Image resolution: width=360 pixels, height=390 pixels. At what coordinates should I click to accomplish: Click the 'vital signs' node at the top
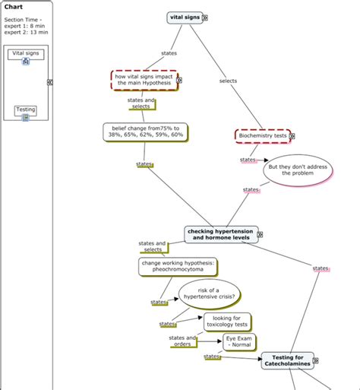[185, 17]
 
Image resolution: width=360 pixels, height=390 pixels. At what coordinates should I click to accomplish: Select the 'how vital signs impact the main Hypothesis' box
[144, 80]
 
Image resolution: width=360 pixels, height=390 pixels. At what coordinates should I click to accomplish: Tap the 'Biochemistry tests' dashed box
[262, 135]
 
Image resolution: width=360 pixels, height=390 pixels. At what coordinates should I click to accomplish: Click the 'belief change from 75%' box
[144, 132]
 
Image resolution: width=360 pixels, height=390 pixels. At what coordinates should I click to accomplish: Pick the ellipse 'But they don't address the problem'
[298, 170]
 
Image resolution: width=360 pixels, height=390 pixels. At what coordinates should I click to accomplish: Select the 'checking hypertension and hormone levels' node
[220, 234]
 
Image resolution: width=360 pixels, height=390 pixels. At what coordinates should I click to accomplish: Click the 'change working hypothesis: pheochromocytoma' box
[178, 265]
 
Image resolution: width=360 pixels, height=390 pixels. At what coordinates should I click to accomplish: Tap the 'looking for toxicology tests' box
[226, 322]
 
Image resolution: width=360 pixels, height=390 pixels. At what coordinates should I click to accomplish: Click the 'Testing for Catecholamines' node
[287, 361]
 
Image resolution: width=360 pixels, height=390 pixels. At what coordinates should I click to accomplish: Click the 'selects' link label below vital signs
[228, 81]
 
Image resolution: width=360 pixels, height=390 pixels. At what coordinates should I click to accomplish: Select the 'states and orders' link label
[183, 340]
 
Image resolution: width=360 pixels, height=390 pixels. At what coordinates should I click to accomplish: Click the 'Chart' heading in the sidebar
[14, 7]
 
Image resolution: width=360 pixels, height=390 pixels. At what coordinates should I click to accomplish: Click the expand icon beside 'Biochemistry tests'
[292, 136]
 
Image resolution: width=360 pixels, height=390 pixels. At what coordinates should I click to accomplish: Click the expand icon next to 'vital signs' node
[206, 17]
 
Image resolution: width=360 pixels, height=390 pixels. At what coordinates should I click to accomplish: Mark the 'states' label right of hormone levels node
[321, 268]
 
